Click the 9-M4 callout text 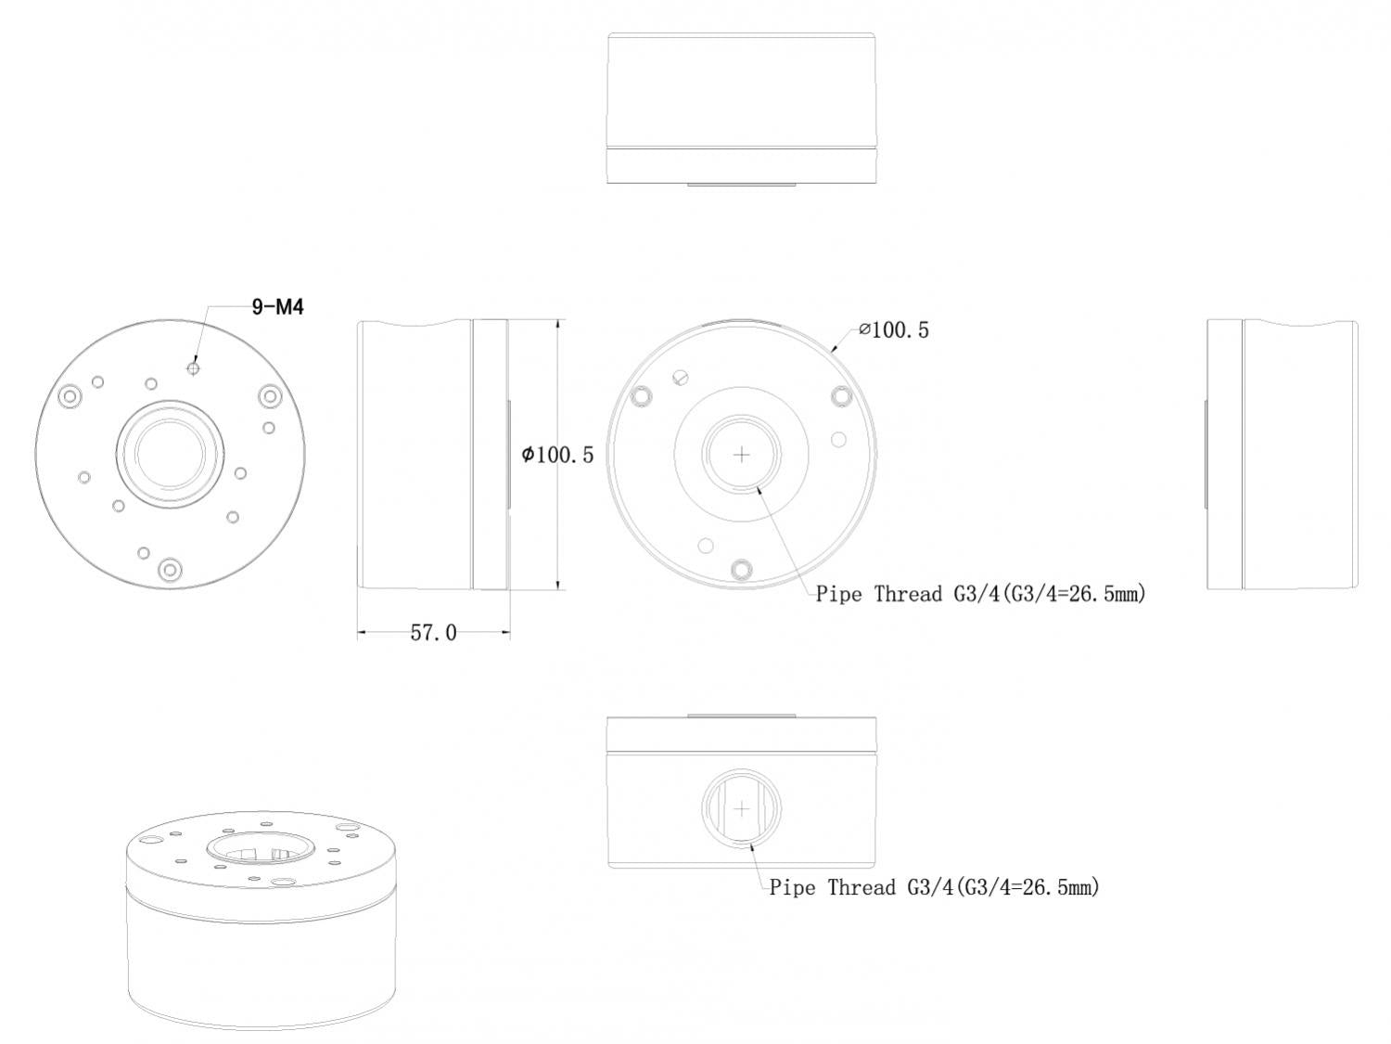point(277,306)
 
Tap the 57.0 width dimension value point(433,633)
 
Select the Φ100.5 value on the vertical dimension point(557,455)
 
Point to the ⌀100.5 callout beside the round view point(893,329)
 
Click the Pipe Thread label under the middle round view point(980,594)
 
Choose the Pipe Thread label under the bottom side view point(934,887)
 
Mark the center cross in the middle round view point(742,455)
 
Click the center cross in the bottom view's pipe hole point(742,809)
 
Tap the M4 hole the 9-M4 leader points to point(193,367)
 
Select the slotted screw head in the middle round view point(683,377)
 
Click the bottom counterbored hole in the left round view point(169,568)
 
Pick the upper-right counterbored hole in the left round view point(269,396)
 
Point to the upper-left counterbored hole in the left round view point(69,396)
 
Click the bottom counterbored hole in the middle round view point(741,568)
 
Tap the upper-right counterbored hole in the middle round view point(841,396)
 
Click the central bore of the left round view point(169,454)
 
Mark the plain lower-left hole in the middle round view point(706,545)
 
